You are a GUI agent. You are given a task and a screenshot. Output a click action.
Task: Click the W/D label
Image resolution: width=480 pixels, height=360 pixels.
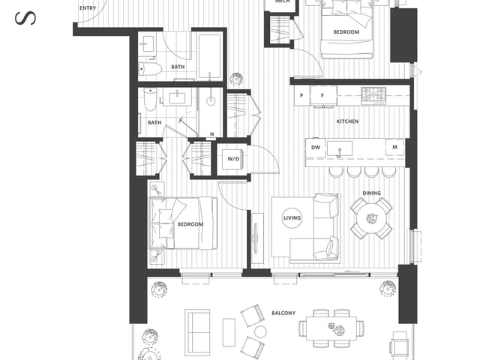(233, 158)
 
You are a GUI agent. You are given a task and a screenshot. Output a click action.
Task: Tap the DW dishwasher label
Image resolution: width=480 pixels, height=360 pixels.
(316, 148)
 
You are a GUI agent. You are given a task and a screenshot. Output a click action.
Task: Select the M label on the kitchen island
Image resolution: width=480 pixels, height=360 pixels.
(394, 148)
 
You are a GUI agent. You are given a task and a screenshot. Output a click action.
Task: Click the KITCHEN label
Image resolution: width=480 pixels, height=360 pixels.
(347, 121)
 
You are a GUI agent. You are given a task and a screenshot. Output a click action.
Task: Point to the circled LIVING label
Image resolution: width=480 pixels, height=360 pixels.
(292, 218)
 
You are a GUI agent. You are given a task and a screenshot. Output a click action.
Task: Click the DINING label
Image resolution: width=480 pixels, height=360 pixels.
(371, 193)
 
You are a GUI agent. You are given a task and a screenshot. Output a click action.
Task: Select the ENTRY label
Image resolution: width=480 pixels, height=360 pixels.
(88, 8)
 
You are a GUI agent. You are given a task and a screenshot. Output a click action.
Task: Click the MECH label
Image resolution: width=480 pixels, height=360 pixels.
(282, 2)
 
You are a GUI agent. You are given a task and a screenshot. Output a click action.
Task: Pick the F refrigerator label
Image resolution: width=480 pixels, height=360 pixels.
(322, 95)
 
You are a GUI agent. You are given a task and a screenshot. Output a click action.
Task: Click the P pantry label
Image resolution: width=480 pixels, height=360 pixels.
(301, 95)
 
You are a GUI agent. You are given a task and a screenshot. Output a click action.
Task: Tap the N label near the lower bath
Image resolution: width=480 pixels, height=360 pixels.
(211, 135)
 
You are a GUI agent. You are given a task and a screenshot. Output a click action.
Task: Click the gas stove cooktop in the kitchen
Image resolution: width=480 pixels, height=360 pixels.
(373, 94)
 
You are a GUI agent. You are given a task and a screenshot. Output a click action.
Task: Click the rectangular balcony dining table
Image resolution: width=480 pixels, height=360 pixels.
(331, 327)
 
